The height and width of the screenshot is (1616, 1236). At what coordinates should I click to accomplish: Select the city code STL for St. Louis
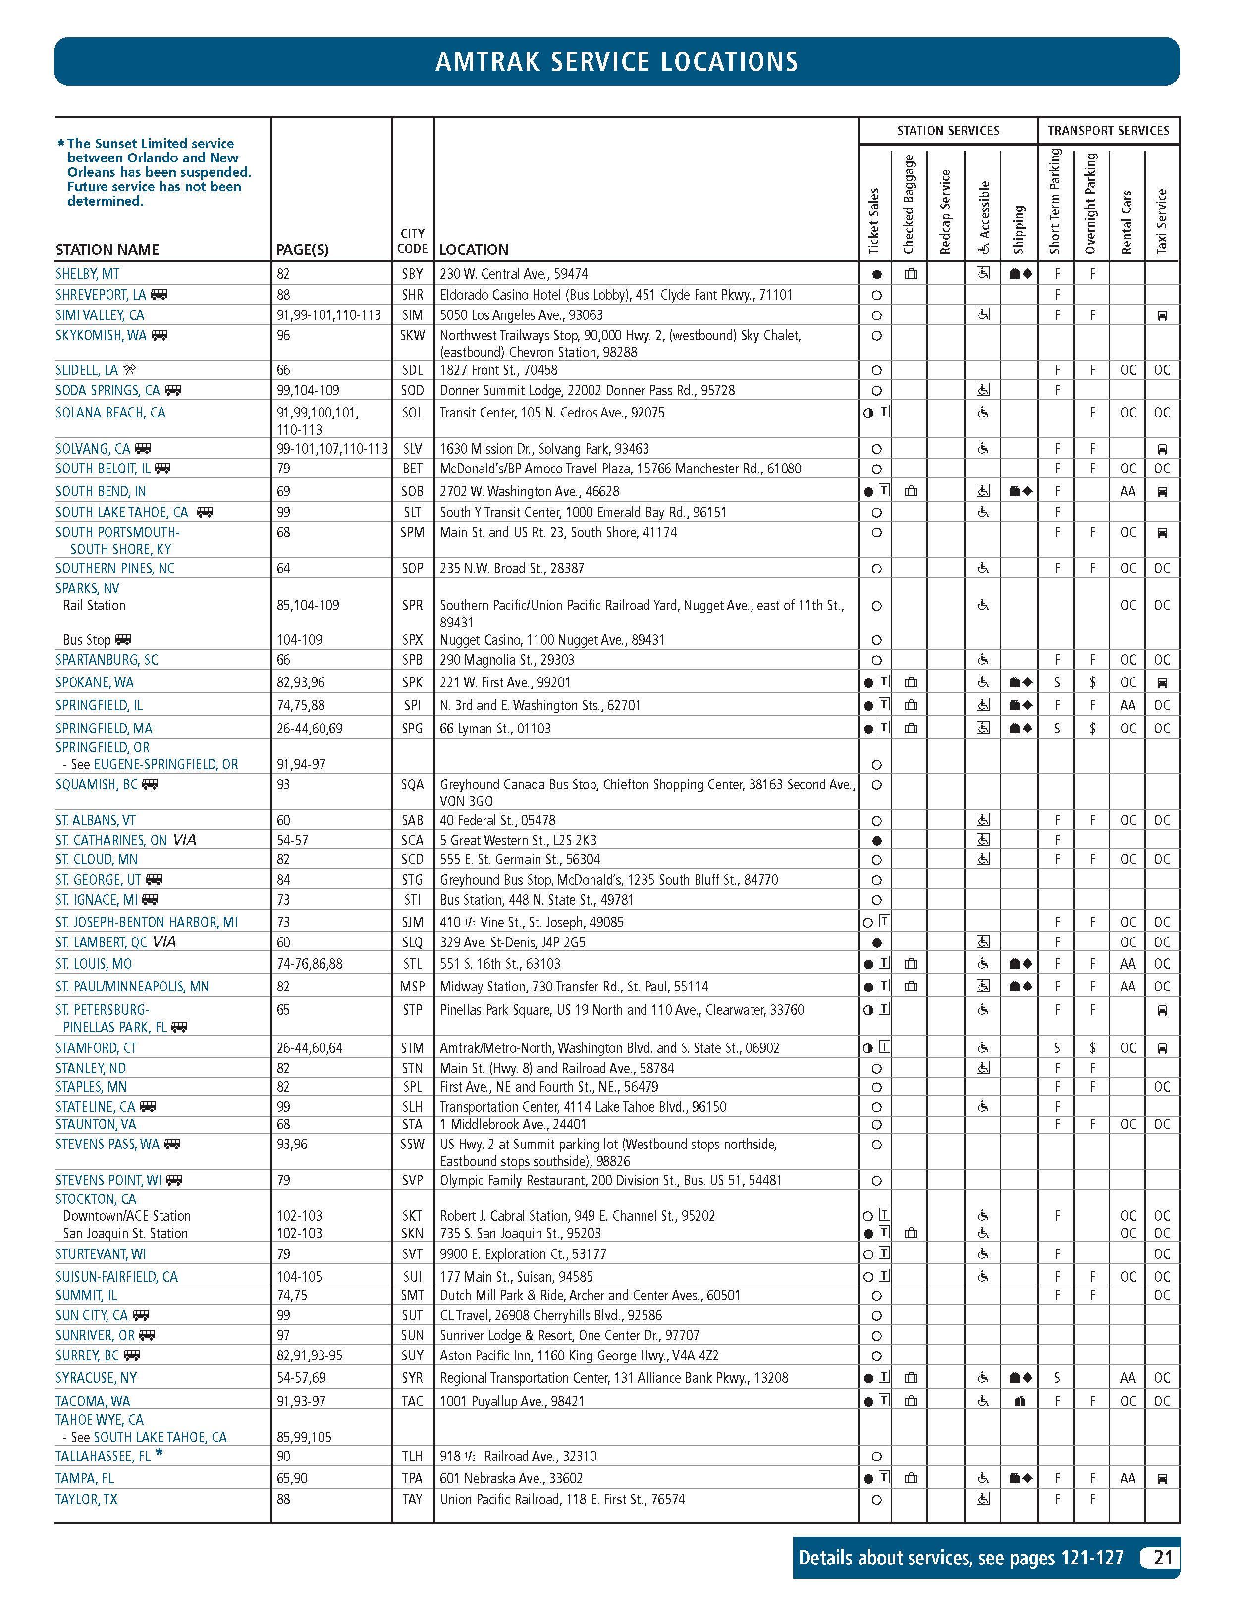click(412, 964)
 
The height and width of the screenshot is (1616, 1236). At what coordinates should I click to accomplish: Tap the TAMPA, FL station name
click(85, 1478)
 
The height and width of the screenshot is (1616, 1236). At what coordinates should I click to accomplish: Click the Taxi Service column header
click(1162, 221)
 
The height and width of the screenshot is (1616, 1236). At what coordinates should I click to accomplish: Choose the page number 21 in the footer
click(1162, 1558)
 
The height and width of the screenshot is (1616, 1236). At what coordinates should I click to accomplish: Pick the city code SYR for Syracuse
click(412, 1378)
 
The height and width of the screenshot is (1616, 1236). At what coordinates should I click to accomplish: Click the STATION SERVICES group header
click(948, 131)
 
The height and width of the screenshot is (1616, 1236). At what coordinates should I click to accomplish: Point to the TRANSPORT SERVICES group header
click(1108, 131)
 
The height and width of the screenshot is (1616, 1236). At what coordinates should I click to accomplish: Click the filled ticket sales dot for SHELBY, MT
click(876, 274)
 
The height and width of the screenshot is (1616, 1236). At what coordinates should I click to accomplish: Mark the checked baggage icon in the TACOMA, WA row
click(911, 1401)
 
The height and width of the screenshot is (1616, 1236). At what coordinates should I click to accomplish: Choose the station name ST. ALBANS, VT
click(96, 820)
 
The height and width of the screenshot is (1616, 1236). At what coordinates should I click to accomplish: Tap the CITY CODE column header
click(412, 241)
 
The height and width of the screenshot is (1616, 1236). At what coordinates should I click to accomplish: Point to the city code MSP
click(412, 987)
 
